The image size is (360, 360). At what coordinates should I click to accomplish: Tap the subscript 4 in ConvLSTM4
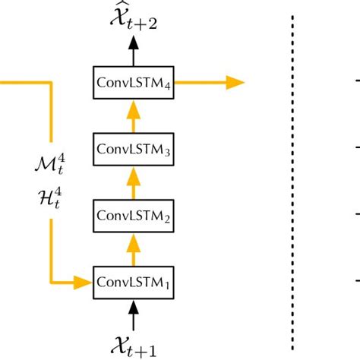167,86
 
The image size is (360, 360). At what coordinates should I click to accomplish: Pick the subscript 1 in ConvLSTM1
167,286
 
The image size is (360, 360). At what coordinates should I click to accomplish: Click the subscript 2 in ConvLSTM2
167,219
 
